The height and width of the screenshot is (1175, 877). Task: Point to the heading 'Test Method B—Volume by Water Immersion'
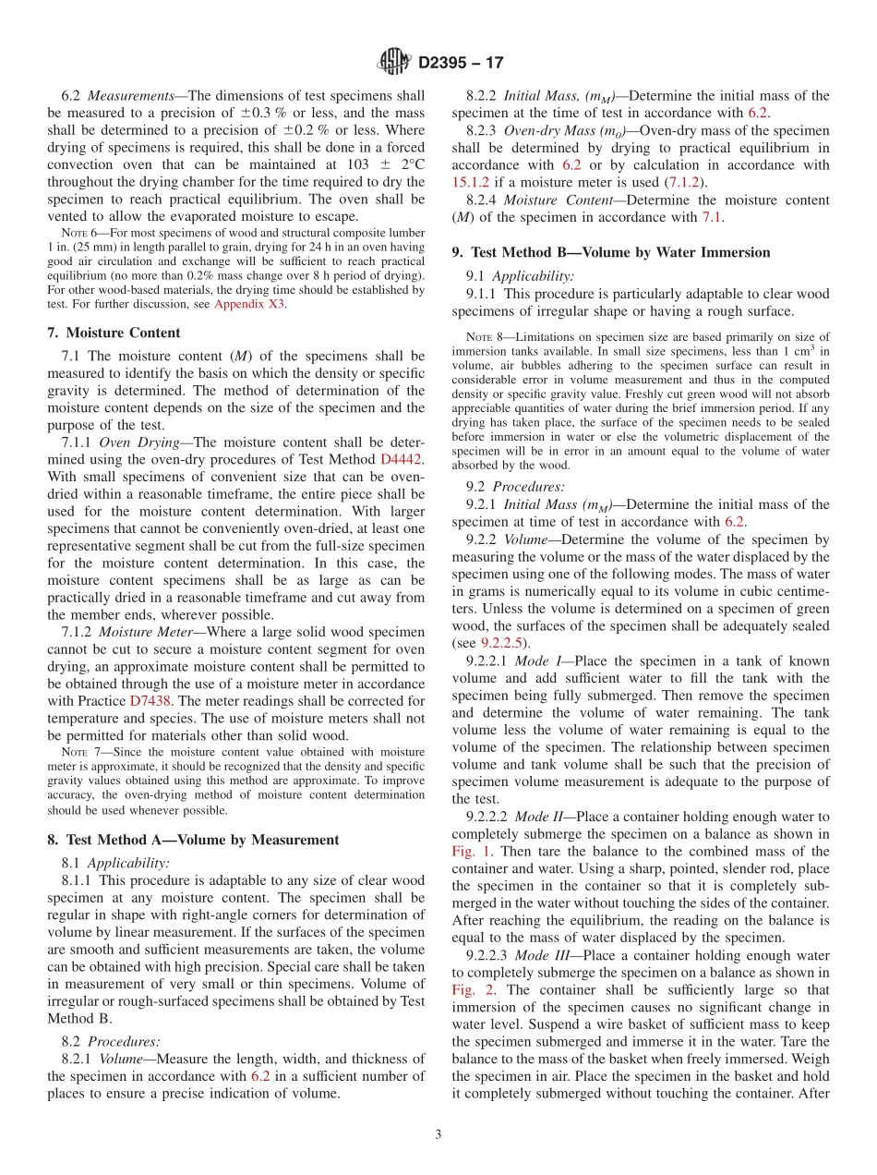pos(611,252)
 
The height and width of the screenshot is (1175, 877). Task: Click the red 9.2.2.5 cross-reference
pos(503,643)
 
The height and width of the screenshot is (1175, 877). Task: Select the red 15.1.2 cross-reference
pos(475,183)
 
